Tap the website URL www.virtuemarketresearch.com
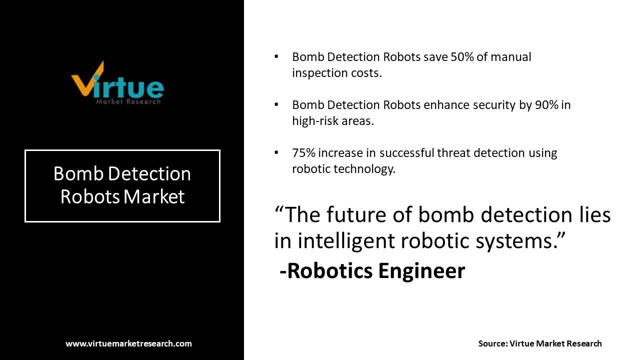pos(128,343)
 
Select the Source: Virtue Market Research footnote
pos(540,343)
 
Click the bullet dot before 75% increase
pos(276,152)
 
